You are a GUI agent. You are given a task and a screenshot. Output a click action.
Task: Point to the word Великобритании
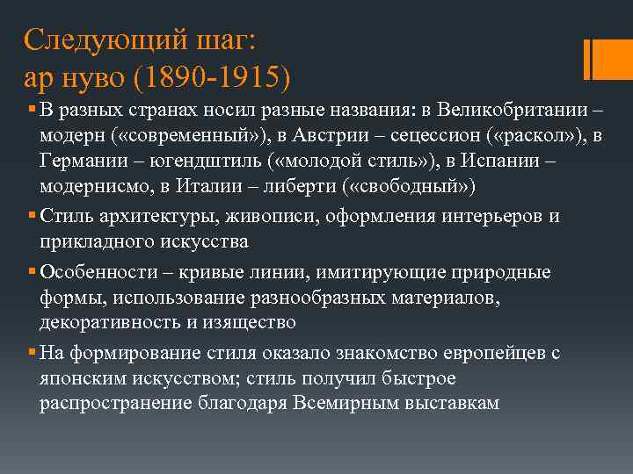(x=513, y=111)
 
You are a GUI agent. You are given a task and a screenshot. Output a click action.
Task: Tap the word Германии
(x=81, y=162)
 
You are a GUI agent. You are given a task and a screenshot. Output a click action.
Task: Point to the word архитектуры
(x=151, y=216)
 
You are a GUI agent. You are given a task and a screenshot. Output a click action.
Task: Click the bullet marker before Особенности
(x=32, y=271)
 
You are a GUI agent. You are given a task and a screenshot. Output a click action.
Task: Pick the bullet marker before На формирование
(x=32, y=352)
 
